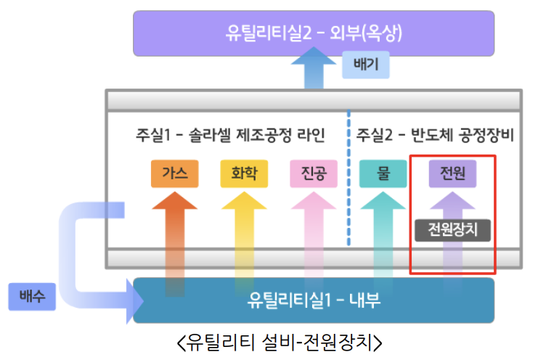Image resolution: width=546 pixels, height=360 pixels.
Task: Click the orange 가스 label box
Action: [174, 174]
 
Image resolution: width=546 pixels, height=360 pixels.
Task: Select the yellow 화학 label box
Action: [244, 174]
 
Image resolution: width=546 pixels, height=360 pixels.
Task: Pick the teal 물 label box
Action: [383, 174]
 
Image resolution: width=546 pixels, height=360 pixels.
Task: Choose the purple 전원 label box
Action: [452, 174]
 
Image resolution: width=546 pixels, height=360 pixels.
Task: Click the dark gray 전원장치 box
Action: [452, 230]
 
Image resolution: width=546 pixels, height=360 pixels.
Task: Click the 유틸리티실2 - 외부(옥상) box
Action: [313, 33]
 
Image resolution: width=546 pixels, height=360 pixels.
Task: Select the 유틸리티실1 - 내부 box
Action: [314, 300]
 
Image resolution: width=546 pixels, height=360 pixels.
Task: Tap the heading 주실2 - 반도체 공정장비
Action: [435, 136]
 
